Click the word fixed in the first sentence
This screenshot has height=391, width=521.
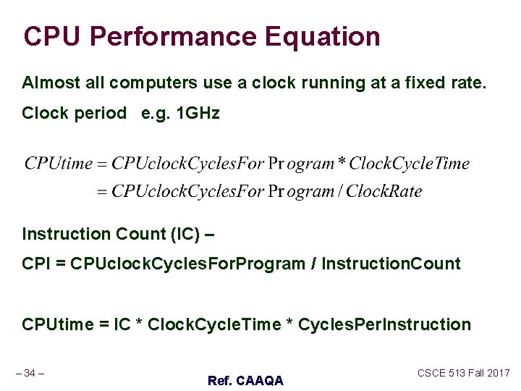pos(418,83)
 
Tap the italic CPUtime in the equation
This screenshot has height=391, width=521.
pos(59,164)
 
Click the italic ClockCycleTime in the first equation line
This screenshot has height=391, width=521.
pos(410,164)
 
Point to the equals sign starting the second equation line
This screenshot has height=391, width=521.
pos(101,192)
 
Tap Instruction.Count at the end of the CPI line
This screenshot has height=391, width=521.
pos(391,264)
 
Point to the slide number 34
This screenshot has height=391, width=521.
pos(30,373)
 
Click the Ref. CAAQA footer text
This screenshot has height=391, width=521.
pos(245,380)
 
